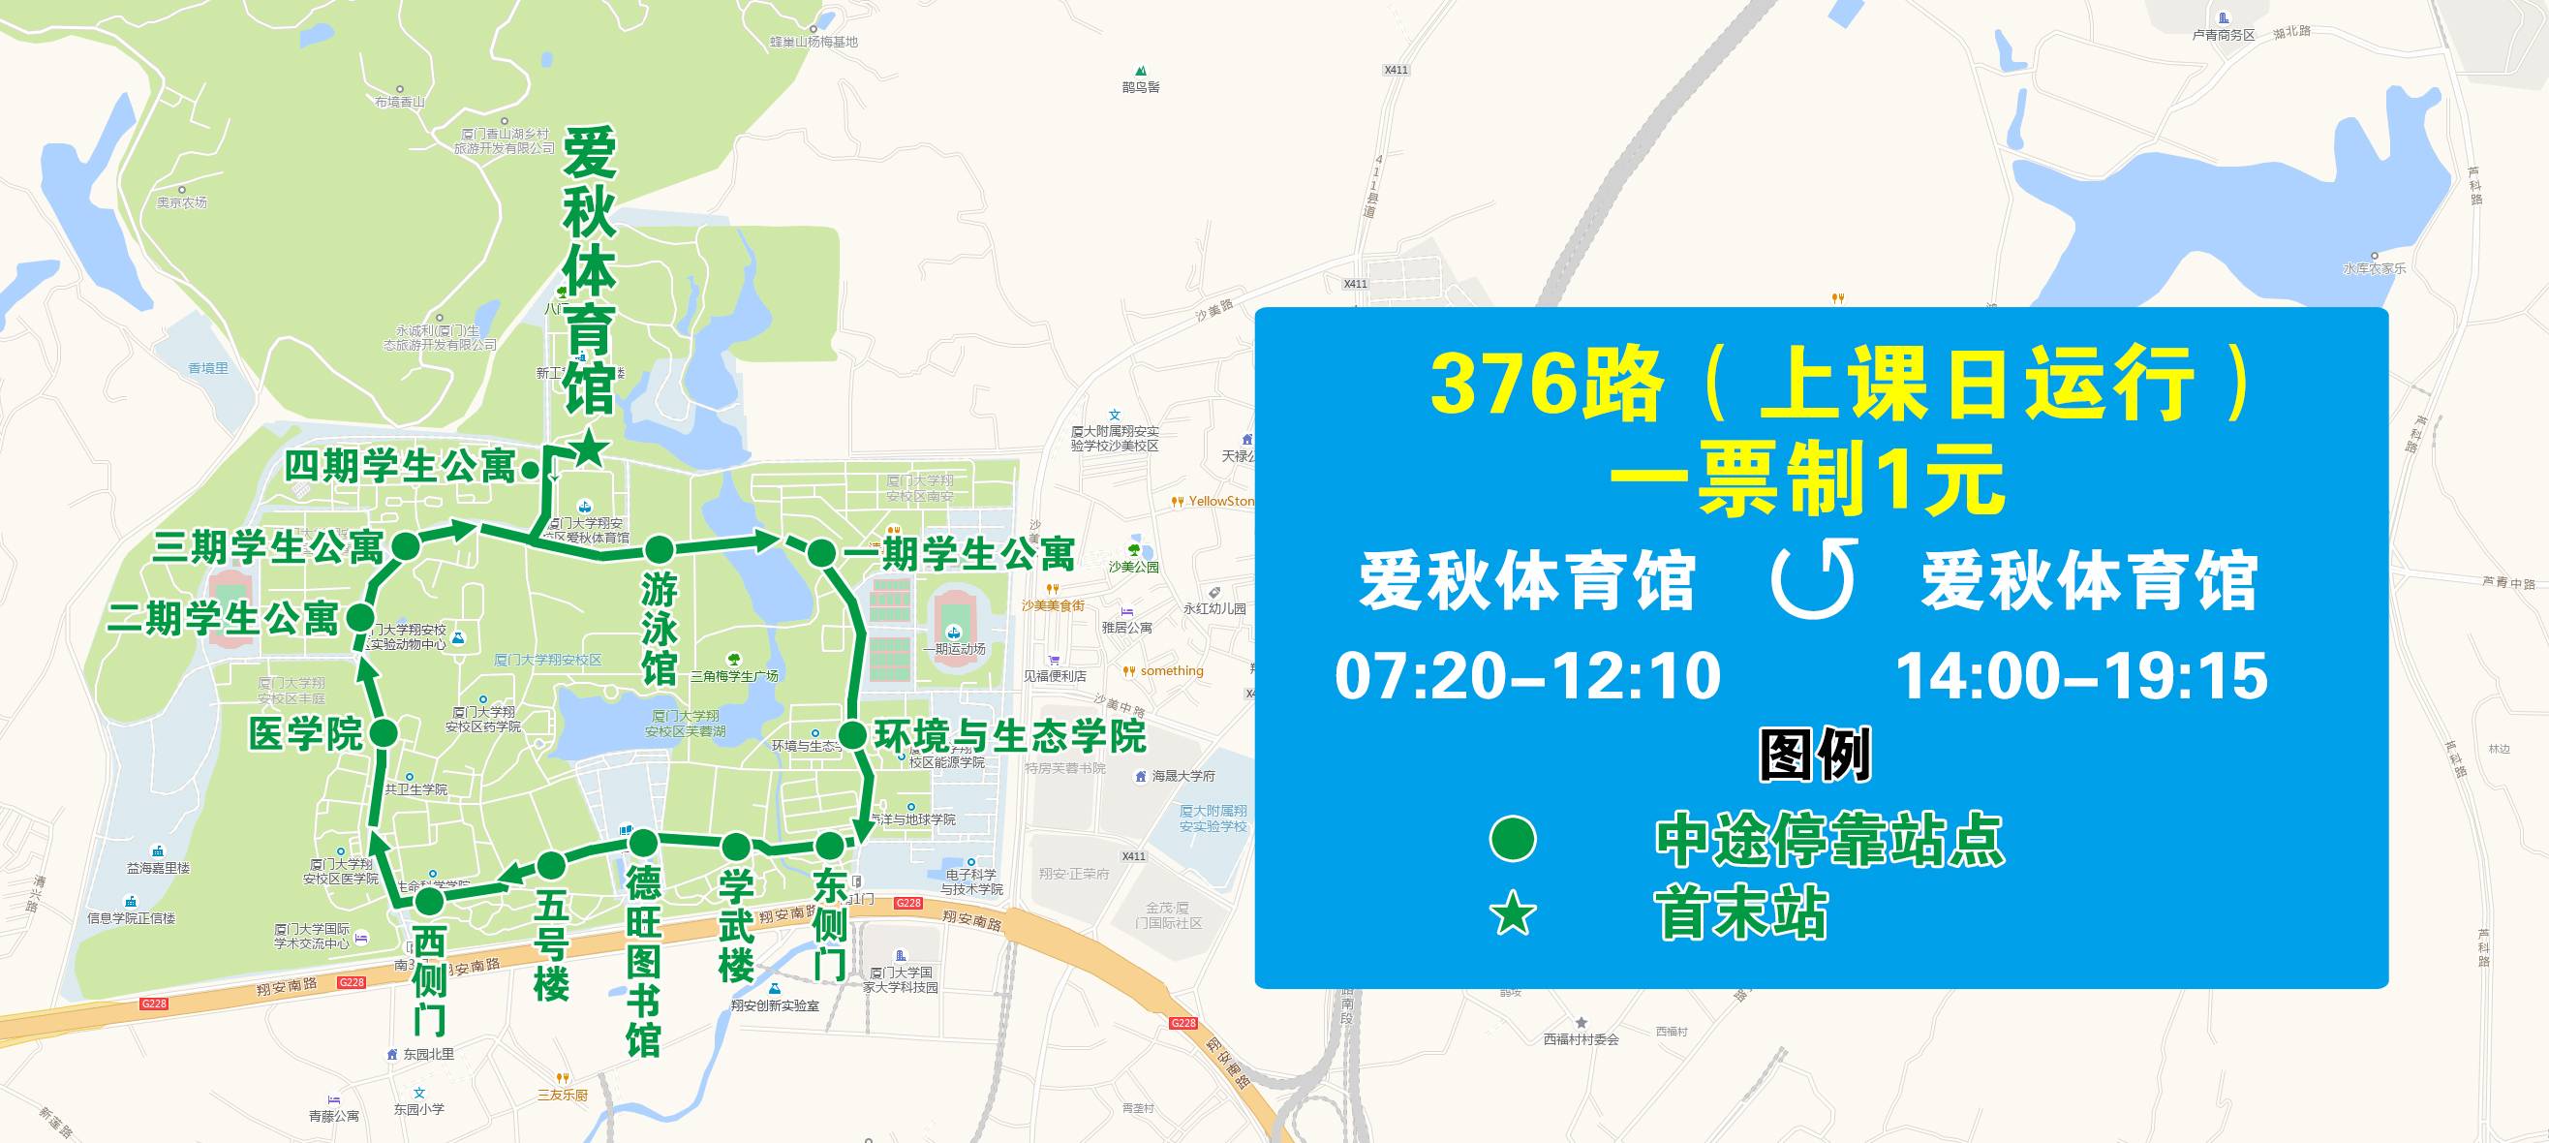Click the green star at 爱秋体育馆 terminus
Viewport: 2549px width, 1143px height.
click(x=590, y=448)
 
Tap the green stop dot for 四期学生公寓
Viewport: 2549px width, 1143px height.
click(x=531, y=470)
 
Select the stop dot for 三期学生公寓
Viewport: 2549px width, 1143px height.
click(x=406, y=545)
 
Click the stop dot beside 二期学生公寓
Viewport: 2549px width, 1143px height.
click(x=360, y=619)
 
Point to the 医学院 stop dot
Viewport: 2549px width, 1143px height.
click(x=383, y=733)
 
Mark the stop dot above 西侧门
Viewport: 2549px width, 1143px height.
click(x=428, y=902)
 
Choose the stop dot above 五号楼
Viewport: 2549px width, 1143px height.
click(x=551, y=865)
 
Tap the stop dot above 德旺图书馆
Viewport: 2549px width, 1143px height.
click(x=643, y=843)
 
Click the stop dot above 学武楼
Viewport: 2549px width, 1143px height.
click(x=735, y=848)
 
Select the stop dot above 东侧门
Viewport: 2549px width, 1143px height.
click(x=829, y=845)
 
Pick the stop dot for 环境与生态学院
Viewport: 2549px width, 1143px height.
click(x=852, y=735)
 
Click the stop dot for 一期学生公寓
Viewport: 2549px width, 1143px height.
click(x=821, y=552)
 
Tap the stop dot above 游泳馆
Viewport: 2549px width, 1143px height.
click(x=659, y=550)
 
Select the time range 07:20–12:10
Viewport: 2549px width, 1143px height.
click(x=1528, y=676)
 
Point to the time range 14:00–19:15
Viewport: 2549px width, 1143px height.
click(x=2081, y=676)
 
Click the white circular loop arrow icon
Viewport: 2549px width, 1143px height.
click(x=1814, y=579)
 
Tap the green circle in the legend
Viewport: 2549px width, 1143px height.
click(x=1512, y=838)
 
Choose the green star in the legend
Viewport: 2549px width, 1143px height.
click(x=1512, y=912)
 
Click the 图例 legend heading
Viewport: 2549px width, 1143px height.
click(x=1815, y=754)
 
